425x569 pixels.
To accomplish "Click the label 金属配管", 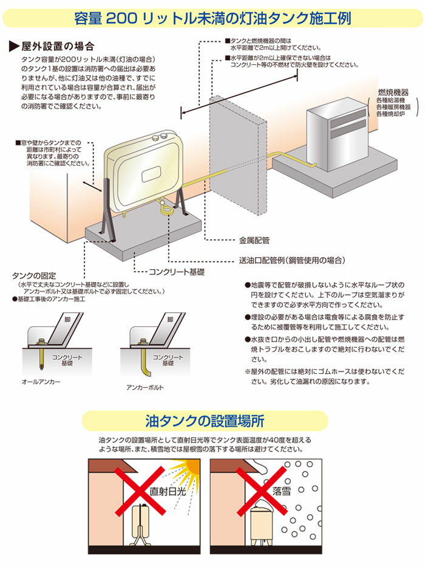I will click(x=254, y=241).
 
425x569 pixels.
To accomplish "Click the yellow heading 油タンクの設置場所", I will click(x=205, y=421).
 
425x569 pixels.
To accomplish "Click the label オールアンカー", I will click(x=41, y=382).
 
